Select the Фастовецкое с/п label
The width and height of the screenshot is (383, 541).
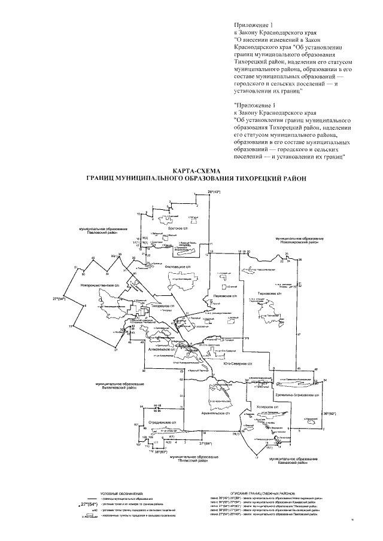180,266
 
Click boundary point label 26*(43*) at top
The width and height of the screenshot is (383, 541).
214,191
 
